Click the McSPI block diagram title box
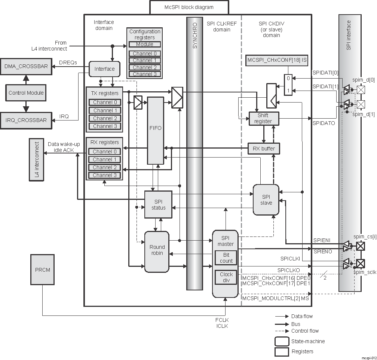[x=189, y=7]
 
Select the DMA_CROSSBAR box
[x=26, y=66]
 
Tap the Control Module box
[x=26, y=93]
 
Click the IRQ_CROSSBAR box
[x=26, y=120]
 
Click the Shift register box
[x=263, y=118]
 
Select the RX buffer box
[x=264, y=149]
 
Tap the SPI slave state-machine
[x=266, y=200]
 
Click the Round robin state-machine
[x=157, y=251]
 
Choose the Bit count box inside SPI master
[x=226, y=258]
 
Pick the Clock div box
[x=226, y=277]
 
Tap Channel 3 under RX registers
[x=105, y=175]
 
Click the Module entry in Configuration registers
[x=144, y=45]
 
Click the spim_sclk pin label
[x=364, y=272]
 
